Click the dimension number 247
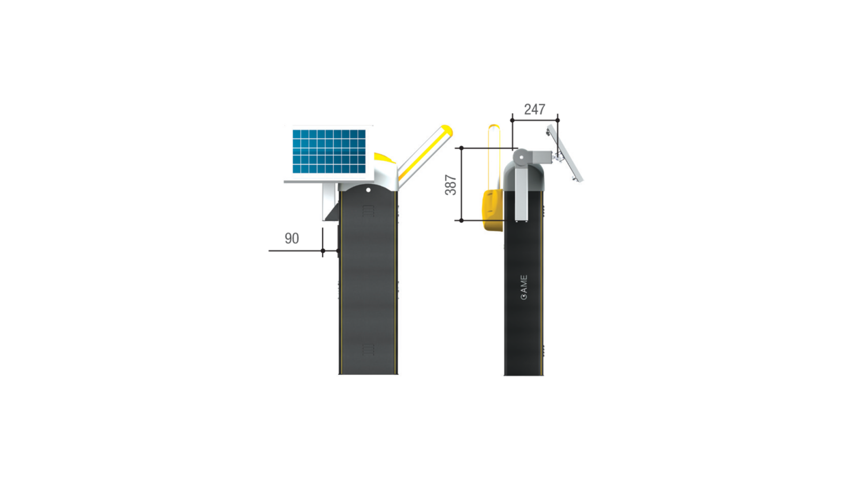pyautogui.click(x=534, y=109)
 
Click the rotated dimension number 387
pyautogui.click(x=451, y=185)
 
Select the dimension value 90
pyautogui.click(x=292, y=238)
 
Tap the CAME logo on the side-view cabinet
pyautogui.click(x=524, y=287)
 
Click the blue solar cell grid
pyautogui.click(x=329, y=152)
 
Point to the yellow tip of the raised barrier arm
pyautogui.click(x=447, y=131)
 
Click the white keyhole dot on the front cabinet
pyautogui.click(x=369, y=190)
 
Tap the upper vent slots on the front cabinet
pyautogui.click(x=368, y=211)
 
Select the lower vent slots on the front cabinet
pyautogui.click(x=368, y=350)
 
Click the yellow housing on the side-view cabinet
pyautogui.click(x=493, y=210)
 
